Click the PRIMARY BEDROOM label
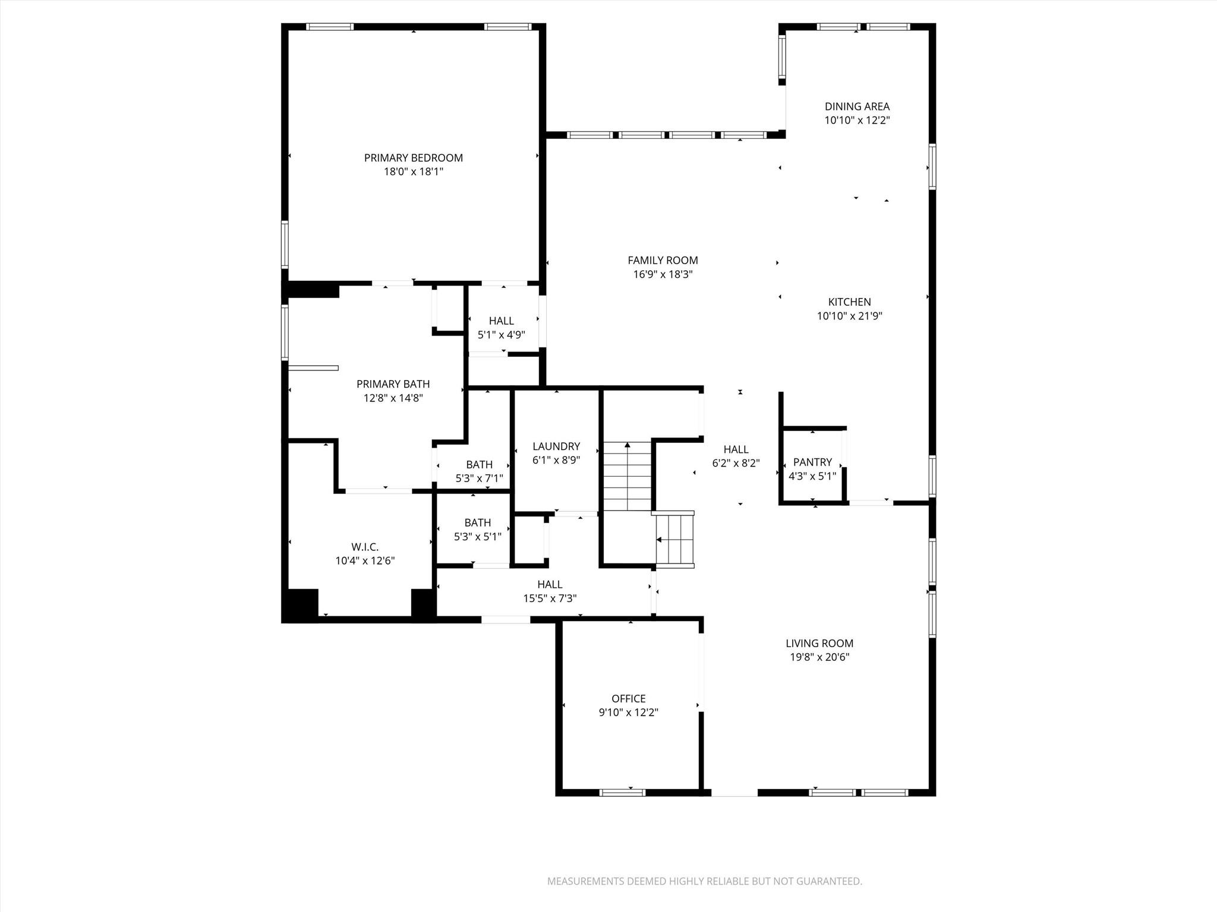pyautogui.click(x=413, y=158)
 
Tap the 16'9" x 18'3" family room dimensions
pyautogui.click(x=663, y=274)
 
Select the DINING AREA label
pyautogui.click(x=857, y=107)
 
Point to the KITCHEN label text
pyautogui.click(x=849, y=302)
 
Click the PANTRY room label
pyautogui.click(x=812, y=462)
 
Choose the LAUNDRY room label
pyautogui.click(x=556, y=446)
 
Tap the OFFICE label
pyautogui.click(x=628, y=699)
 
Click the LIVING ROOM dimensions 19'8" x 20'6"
pyautogui.click(x=819, y=657)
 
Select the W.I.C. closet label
pyautogui.click(x=365, y=547)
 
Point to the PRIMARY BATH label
pyautogui.click(x=393, y=384)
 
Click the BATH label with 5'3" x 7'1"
pyautogui.click(x=479, y=465)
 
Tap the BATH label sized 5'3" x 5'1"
pyautogui.click(x=478, y=523)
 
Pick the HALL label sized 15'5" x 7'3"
pyautogui.click(x=550, y=585)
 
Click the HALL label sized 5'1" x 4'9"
pyautogui.click(x=501, y=321)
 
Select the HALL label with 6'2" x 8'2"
pyautogui.click(x=736, y=449)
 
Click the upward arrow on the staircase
pyautogui.click(x=628, y=445)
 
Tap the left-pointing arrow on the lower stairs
pyautogui.click(x=659, y=540)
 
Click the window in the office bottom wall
pyautogui.click(x=622, y=792)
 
